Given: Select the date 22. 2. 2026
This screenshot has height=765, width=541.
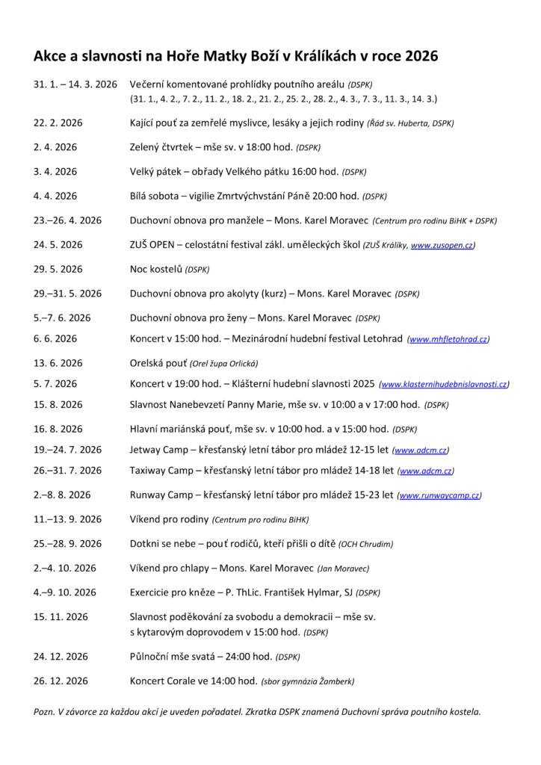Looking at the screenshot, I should click(58, 123).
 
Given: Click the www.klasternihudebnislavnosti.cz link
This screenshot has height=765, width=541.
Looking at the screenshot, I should click(445, 384).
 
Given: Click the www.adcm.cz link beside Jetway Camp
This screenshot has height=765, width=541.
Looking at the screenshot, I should click(421, 450).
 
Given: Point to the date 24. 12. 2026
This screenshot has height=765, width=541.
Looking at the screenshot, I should click(61, 657).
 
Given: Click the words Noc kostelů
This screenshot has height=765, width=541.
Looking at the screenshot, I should click(155, 268).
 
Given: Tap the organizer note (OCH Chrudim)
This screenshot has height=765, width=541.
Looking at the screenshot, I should click(366, 544).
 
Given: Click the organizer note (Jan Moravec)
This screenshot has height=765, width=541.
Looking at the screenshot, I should click(344, 569).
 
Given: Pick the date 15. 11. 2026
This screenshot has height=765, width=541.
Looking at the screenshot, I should click(61, 616).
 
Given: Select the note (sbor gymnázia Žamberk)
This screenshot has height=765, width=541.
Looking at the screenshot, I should click(307, 681).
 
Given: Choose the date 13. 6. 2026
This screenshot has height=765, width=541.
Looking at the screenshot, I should click(58, 363).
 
